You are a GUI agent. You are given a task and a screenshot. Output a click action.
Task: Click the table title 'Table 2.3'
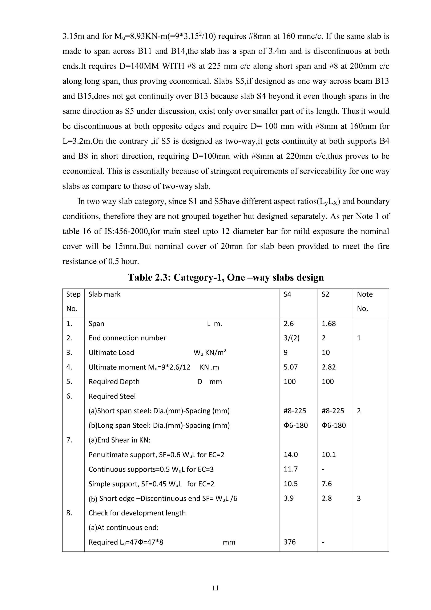(226, 277)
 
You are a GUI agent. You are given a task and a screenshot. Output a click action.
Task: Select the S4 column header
(287, 294)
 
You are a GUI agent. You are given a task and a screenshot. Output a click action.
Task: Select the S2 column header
(325, 294)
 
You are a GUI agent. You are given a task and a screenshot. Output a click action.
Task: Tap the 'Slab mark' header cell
(104, 294)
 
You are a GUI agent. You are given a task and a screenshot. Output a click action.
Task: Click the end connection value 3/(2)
(291, 338)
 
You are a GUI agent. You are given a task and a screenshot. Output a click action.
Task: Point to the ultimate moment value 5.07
(291, 367)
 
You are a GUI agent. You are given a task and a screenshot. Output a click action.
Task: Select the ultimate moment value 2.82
(329, 367)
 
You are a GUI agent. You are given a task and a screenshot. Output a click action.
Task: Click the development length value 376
(290, 542)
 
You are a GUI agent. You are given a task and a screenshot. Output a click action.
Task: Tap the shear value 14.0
(291, 455)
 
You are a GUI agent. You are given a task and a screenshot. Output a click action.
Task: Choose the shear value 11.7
(291, 469)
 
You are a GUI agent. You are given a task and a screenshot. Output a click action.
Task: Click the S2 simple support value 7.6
(327, 484)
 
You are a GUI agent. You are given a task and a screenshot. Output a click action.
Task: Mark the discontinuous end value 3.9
(289, 498)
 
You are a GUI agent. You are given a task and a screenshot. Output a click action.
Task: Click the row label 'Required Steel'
(112, 396)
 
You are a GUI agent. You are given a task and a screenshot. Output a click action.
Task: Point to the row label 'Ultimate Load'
(111, 353)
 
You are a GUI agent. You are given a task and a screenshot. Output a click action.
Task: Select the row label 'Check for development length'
(137, 513)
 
